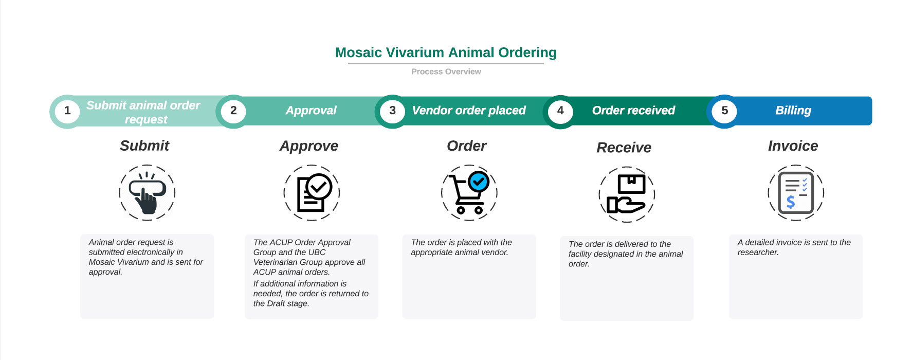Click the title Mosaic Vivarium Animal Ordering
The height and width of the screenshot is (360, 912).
pos(446,52)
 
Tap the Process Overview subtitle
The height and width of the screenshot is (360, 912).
pos(446,71)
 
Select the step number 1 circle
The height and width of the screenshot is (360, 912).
pos(67,111)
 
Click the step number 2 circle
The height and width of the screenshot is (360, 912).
pos(233,111)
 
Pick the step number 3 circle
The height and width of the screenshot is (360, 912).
pos(392,111)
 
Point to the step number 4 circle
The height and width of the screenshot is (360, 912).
pos(560,111)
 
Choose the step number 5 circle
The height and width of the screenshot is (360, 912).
pos(724,111)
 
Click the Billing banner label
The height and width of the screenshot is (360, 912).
pos(793,111)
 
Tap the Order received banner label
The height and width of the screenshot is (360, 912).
pos(633,111)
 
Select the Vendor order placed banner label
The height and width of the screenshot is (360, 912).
pos(469,111)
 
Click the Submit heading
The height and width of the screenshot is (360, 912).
pos(144,146)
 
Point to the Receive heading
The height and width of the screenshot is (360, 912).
pos(624,148)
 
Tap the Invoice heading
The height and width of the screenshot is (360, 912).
pos(793,146)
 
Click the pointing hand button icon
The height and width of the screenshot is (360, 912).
pos(147,193)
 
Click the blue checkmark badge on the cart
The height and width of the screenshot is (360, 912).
pos(479,182)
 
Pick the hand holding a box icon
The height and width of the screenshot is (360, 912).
pos(626,194)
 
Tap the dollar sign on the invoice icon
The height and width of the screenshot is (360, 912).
pos(791,202)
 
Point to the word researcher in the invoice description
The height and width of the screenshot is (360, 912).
pos(758,253)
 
